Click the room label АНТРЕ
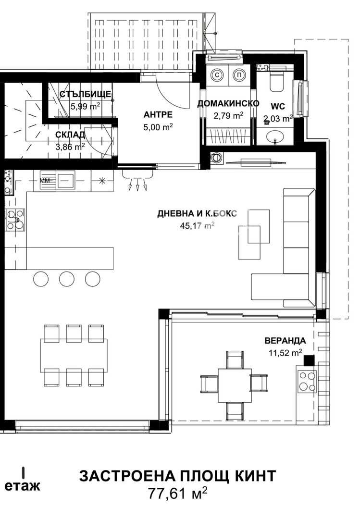point(158,114)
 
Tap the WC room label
point(277,107)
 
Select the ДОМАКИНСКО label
point(228,104)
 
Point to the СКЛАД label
point(70,135)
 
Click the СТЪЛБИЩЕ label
point(85,94)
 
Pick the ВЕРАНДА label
point(285,341)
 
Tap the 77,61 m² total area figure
point(177,494)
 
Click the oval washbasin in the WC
point(275,136)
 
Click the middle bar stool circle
point(66,279)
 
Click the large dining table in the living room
point(74,356)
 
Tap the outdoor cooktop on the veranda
point(307,381)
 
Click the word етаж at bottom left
point(22,485)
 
